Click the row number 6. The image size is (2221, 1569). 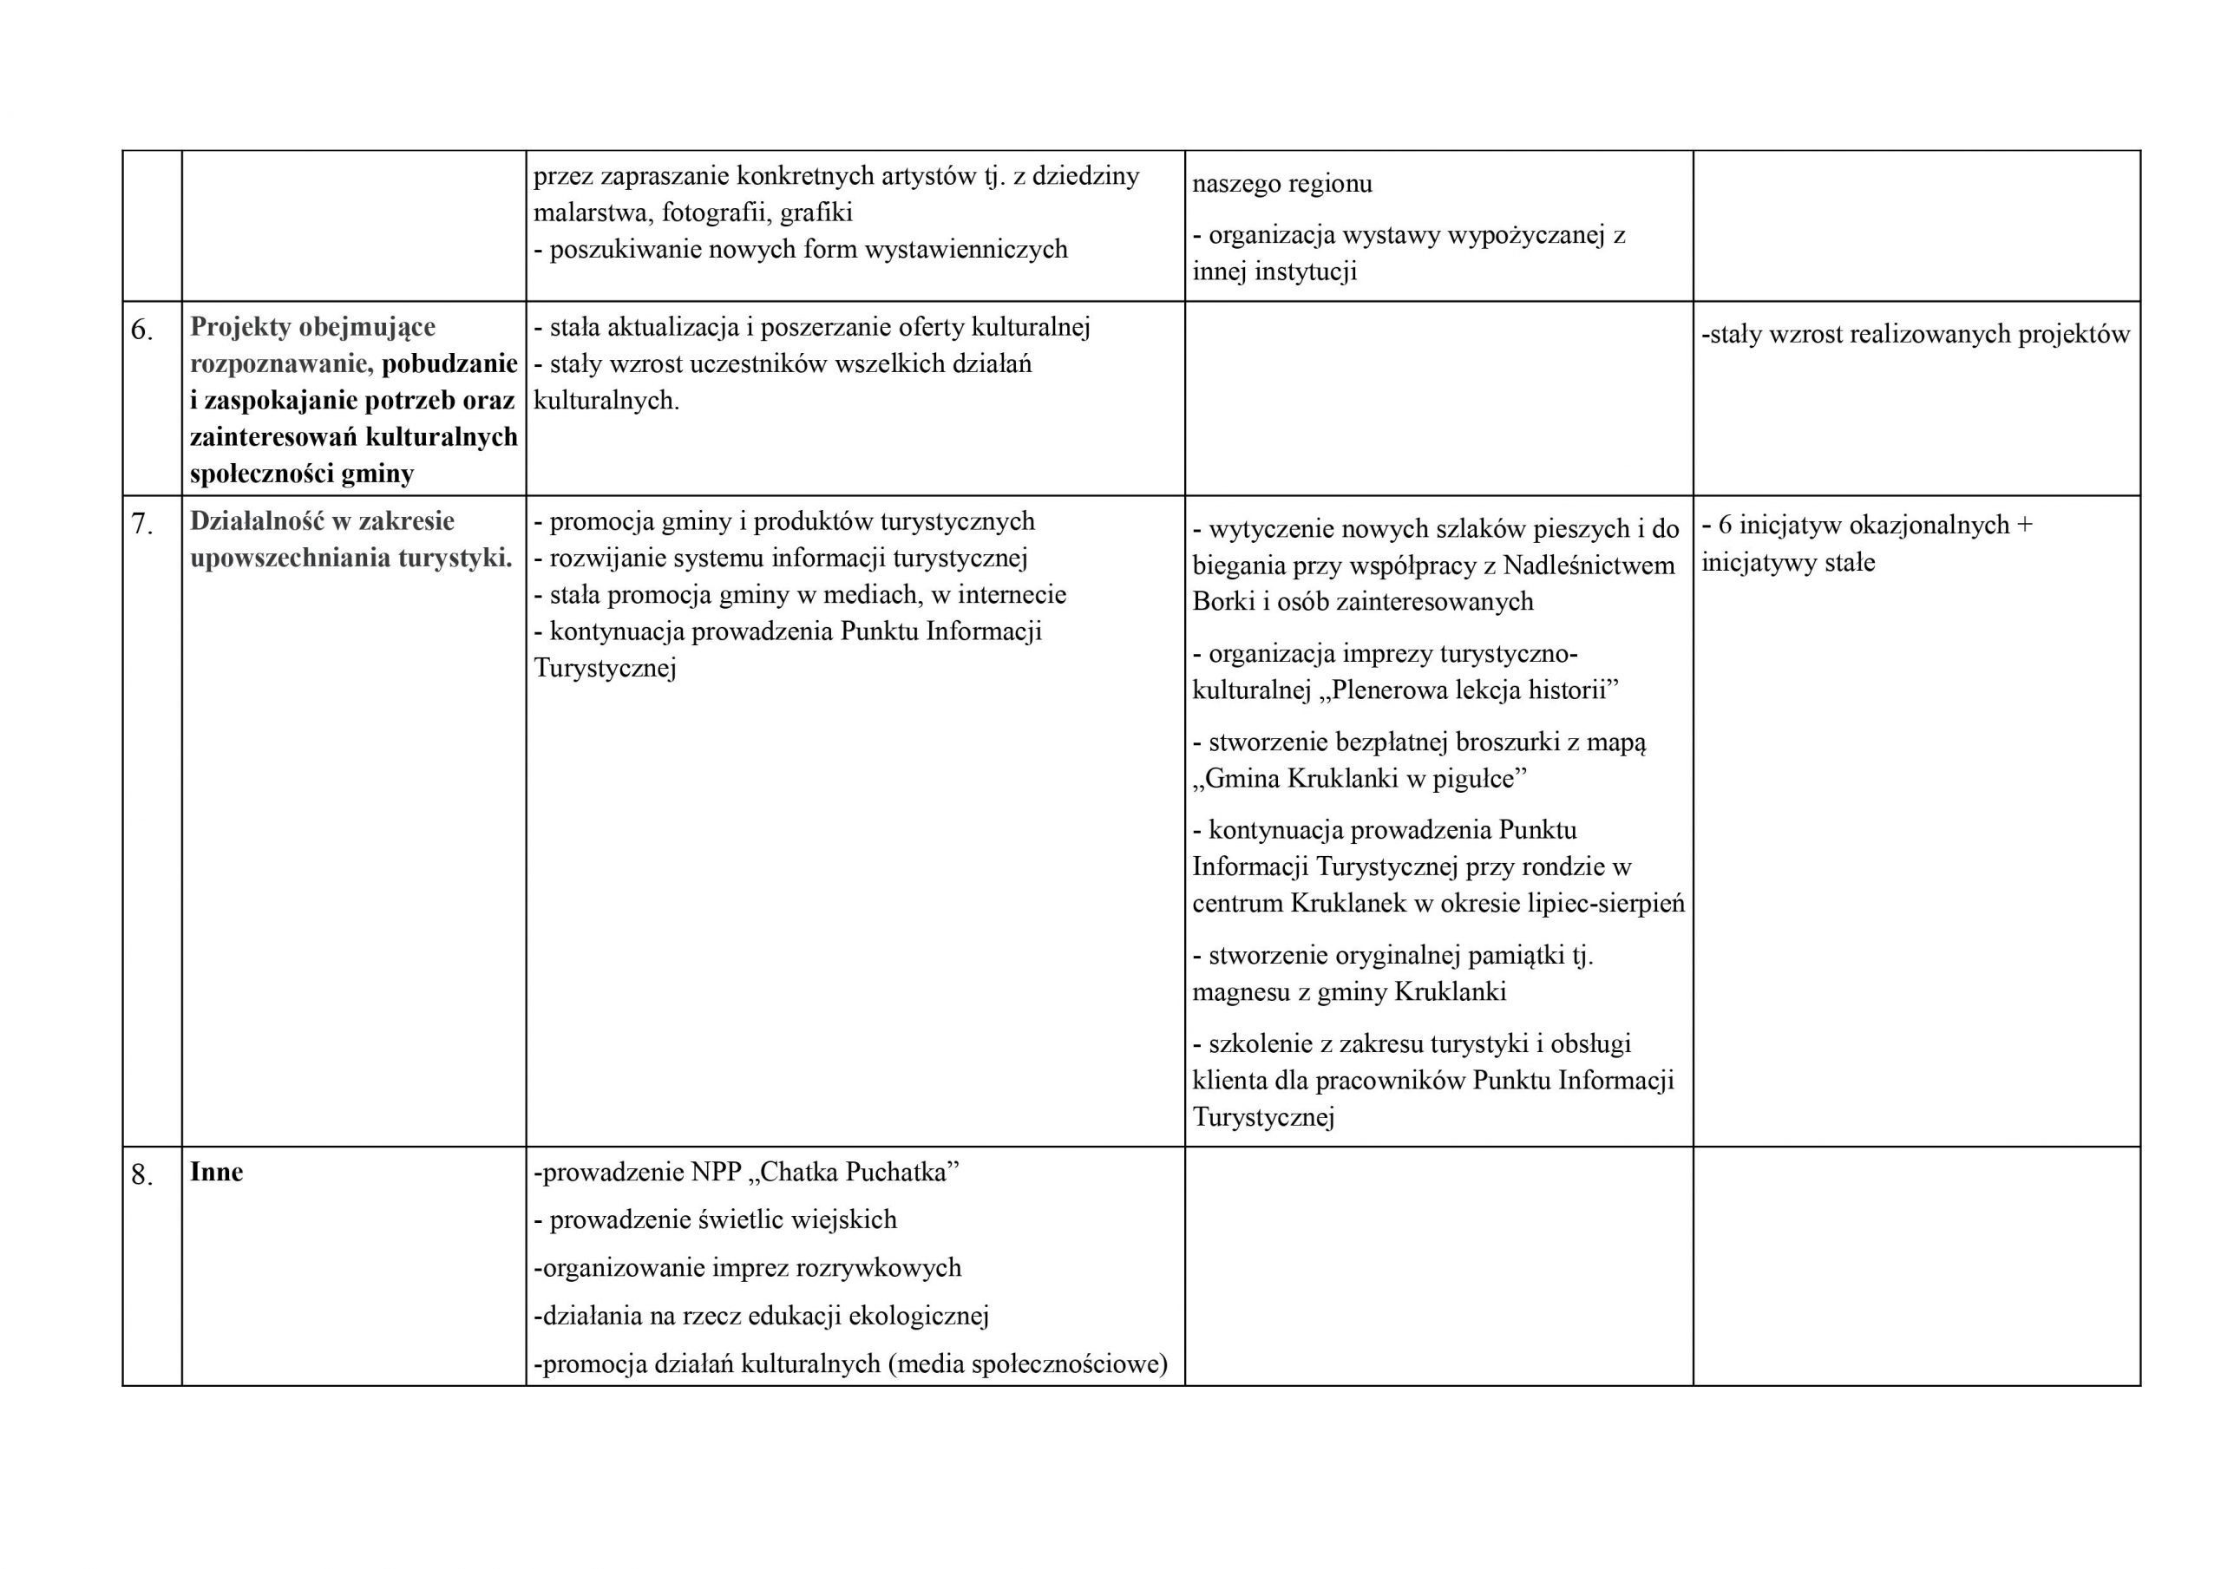tap(141, 330)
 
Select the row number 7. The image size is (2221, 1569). tap(141, 524)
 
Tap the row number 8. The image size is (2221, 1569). tap(141, 1175)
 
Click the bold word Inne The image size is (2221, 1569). tap(217, 1172)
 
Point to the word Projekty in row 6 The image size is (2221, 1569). tap(241, 327)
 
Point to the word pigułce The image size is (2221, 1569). tap(1478, 779)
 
